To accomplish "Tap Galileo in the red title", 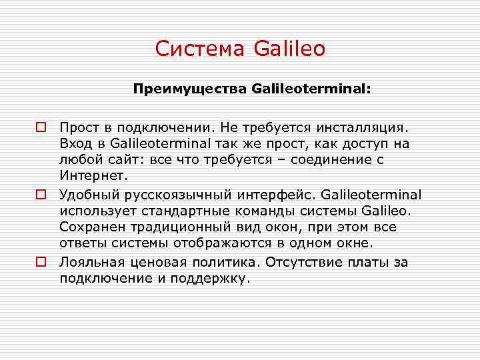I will tap(289, 49).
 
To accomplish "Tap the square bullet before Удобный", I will tap(41, 195).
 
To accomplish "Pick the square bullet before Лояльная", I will tap(41, 262).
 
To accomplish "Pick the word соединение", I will tap(332, 161).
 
